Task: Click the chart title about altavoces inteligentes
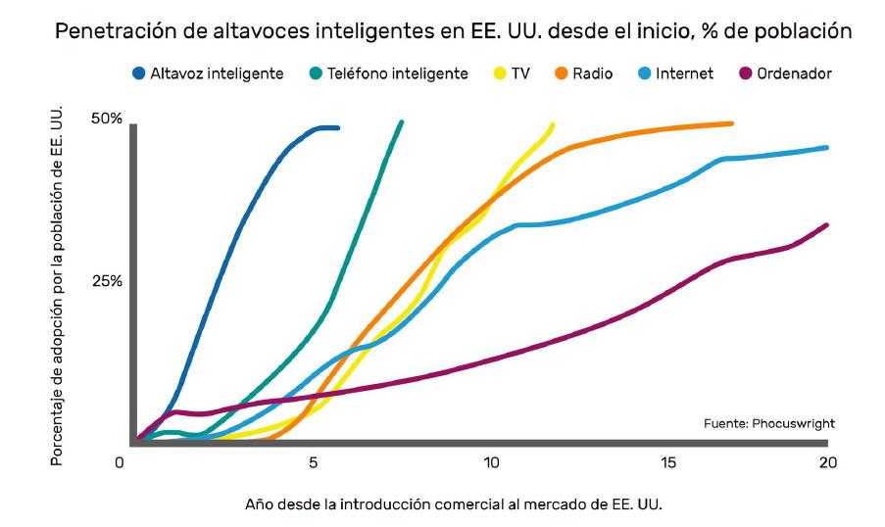(x=452, y=31)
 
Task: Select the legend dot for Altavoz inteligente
(x=137, y=73)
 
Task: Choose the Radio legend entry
(x=586, y=73)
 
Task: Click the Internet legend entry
(x=675, y=73)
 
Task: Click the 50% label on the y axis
(x=106, y=119)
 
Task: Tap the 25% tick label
(x=106, y=281)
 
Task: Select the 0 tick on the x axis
(x=120, y=462)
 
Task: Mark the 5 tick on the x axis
(x=313, y=462)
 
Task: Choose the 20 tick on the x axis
(x=827, y=462)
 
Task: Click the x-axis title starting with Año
(x=461, y=504)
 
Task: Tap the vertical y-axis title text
(x=58, y=284)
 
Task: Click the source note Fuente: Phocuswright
(x=768, y=423)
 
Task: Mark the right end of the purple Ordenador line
(x=827, y=225)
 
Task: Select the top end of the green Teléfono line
(x=401, y=122)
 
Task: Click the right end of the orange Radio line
(x=731, y=123)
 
